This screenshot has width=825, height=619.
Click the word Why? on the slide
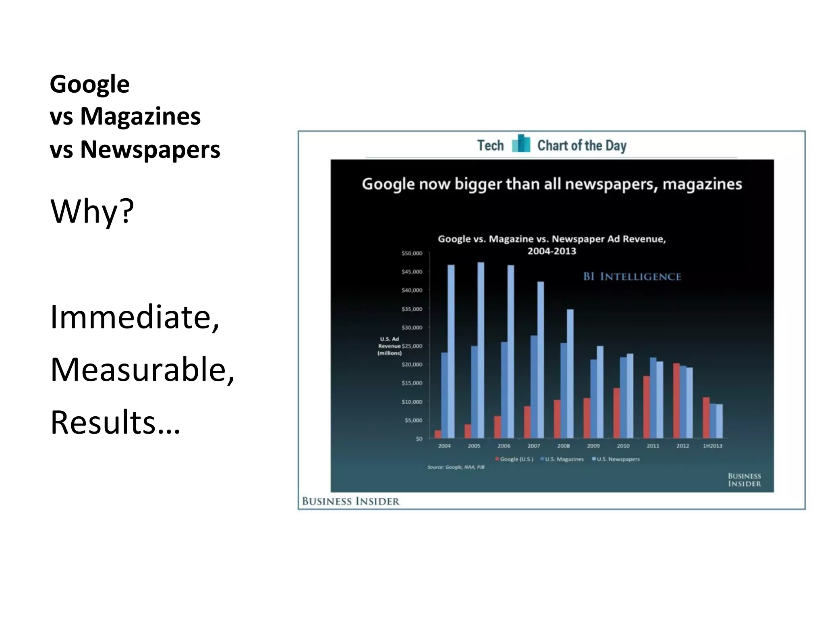[92, 211]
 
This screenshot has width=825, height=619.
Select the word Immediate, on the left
[135, 317]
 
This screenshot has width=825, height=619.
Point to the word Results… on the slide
[115, 422]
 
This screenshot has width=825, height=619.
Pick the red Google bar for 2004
[438, 434]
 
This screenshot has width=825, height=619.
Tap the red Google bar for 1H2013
[706, 418]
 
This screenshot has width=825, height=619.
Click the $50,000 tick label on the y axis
[412, 253]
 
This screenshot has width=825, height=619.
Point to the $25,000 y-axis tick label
[412, 346]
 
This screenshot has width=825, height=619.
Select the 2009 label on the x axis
[593, 446]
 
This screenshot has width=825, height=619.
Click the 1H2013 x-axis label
[713, 446]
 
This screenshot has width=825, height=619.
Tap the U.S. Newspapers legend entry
[616, 459]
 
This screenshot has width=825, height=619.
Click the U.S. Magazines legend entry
[562, 459]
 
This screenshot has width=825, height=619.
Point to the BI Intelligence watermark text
[632, 276]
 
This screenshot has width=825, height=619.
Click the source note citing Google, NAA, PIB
[456, 467]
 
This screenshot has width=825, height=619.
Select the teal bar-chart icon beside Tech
[521, 144]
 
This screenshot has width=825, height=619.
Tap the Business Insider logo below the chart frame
[351, 501]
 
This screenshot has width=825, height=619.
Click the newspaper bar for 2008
[570, 374]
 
